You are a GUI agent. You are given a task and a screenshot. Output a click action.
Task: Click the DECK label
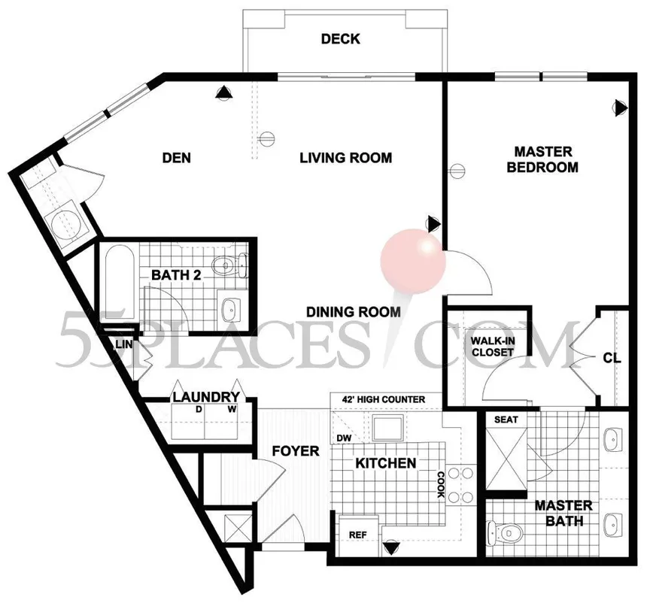point(340,39)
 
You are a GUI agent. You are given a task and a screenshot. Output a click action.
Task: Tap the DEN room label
point(177,158)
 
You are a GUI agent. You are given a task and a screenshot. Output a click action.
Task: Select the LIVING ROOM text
point(346,158)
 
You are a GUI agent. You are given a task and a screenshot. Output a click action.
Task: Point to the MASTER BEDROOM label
point(542,159)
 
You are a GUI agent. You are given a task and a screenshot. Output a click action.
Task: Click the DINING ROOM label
point(353,312)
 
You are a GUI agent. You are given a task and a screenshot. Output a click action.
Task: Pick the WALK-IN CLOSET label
point(493,347)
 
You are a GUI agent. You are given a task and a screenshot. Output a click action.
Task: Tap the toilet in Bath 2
point(229,265)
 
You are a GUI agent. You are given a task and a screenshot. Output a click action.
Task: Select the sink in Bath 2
point(232,308)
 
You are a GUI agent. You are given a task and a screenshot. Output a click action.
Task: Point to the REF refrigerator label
point(358,535)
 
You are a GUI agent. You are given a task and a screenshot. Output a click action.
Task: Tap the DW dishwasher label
point(344,438)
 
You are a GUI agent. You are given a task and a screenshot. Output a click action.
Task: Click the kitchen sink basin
point(387,428)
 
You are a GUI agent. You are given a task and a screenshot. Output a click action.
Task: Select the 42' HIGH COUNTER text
point(384,399)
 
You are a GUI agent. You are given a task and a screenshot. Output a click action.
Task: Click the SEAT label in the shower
point(506,420)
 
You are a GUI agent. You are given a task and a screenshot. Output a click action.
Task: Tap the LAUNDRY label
point(206,397)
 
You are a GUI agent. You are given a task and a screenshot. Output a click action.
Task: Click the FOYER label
point(296,451)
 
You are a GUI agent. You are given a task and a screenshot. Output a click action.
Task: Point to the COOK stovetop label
point(440,484)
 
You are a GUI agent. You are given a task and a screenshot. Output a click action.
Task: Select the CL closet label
point(612,358)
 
